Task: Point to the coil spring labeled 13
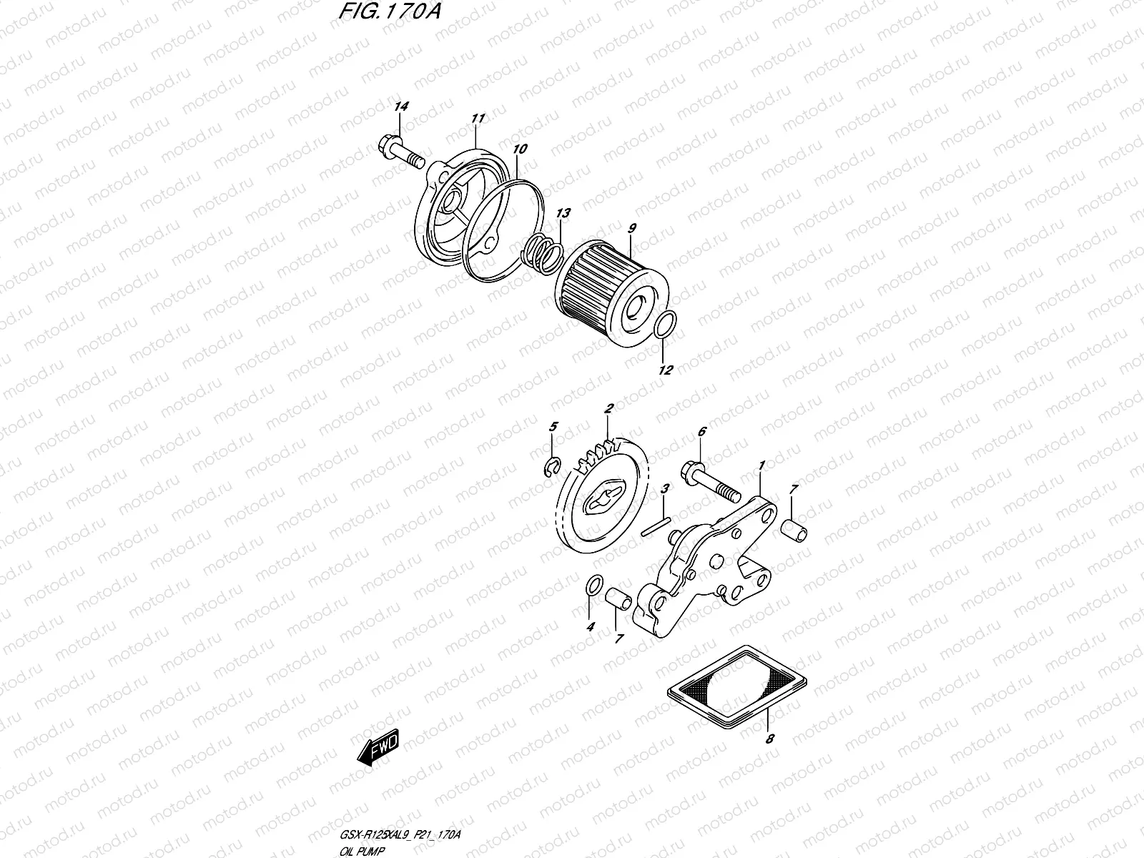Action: point(543,254)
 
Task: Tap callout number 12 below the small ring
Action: point(666,370)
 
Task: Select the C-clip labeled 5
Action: point(550,468)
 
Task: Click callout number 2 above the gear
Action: point(609,409)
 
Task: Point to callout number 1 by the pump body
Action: point(762,465)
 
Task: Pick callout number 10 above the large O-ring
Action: point(520,149)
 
